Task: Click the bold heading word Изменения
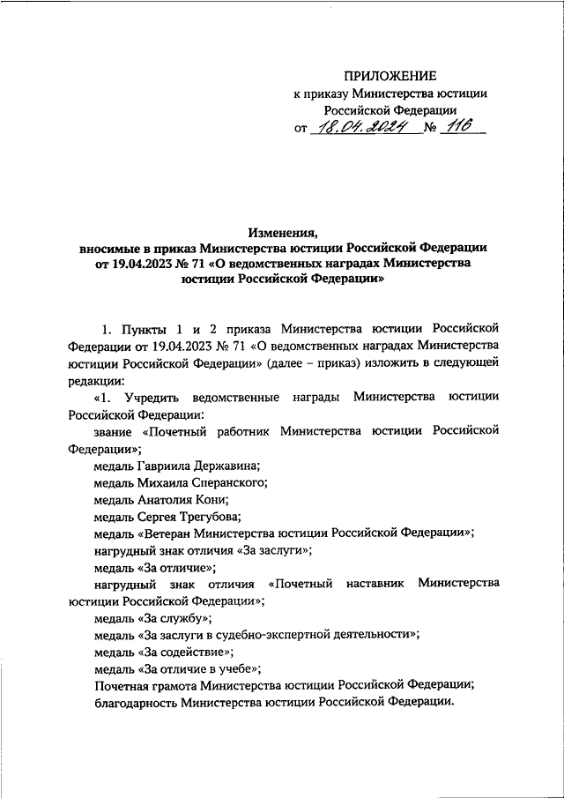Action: click(x=282, y=233)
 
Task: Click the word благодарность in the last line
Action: click(x=135, y=703)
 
